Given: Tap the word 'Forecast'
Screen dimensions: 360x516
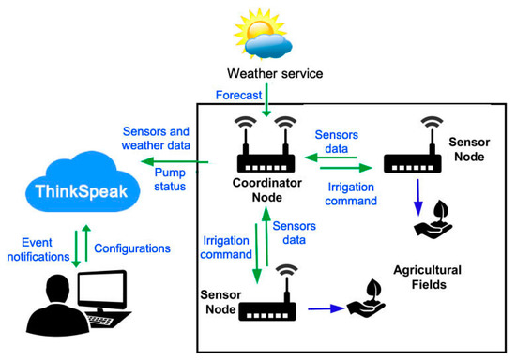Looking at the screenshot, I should tap(237, 94).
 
